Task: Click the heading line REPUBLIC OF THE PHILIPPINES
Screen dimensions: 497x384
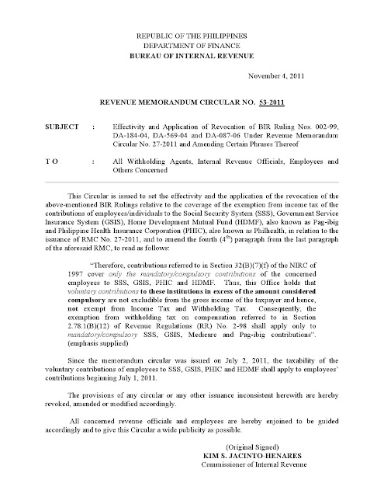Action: coord(192,35)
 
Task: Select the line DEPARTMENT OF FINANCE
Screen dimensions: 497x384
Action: coord(192,43)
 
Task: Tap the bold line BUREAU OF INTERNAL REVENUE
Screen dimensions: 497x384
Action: coord(192,53)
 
